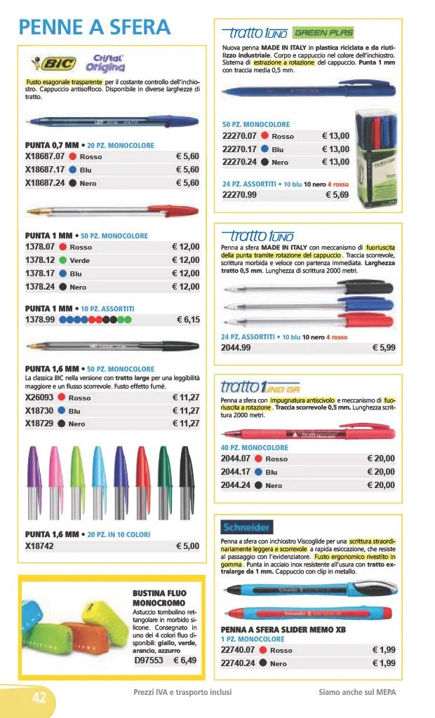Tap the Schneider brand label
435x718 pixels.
click(246, 527)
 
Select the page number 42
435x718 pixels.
click(40, 697)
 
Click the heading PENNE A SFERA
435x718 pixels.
click(95, 27)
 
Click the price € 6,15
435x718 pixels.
click(188, 320)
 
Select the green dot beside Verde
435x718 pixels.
click(64, 260)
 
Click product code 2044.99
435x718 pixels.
click(236, 347)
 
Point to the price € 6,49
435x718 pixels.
click(185, 660)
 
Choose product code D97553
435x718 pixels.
click(148, 660)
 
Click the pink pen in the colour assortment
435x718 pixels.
click(55, 477)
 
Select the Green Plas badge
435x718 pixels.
click(323, 33)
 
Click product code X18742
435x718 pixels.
click(41, 546)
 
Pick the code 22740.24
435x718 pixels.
click(239, 663)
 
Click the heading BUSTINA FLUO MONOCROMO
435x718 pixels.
click(159, 598)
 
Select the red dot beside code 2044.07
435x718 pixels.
click(260, 459)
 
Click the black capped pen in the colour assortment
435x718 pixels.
click(185, 477)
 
